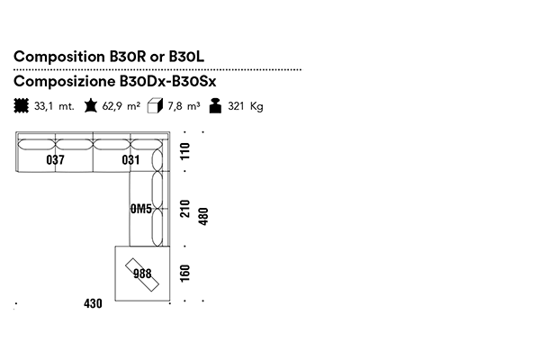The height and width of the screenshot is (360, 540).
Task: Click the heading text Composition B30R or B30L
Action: tap(109, 57)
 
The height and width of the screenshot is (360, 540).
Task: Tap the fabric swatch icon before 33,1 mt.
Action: tap(22, 106)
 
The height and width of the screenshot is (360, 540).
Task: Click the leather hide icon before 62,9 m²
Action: tap(90, 106)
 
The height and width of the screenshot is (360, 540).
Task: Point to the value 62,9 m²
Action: tap(121, 106)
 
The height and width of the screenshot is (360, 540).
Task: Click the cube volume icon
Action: tap(155, 106)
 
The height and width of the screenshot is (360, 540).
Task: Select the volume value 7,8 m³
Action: tap(184, 106)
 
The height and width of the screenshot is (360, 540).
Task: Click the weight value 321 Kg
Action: tap(245, 106)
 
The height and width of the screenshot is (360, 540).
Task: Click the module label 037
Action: tap(55, 160)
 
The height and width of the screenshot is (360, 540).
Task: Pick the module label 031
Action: tap(131, 160)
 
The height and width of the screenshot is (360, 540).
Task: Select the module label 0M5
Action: tap(139, 210)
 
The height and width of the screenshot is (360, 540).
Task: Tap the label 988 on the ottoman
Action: tap(141, 274)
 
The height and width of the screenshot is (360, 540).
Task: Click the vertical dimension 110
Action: tap(186, 152)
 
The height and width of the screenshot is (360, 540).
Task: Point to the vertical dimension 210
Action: tap(186, 210)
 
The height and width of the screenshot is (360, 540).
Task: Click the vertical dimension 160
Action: tap(186, 273)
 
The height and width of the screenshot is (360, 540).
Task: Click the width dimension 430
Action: tap(93, 303)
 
